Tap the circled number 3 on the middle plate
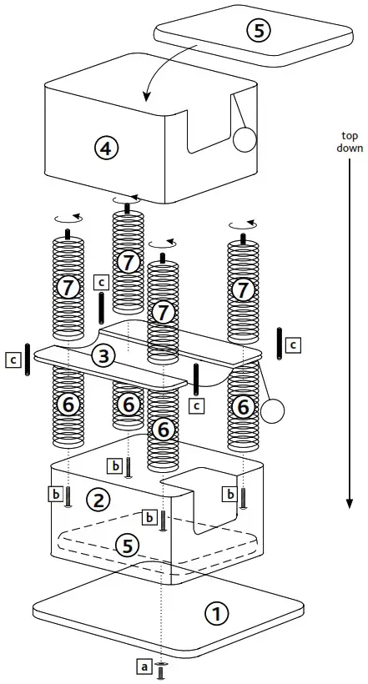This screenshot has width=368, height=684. point(101,357)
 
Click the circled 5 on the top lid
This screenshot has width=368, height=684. point(259,31)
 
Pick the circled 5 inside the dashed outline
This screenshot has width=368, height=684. point(126,547)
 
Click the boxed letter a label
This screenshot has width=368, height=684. point(143,666)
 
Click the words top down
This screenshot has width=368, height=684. point(350,143)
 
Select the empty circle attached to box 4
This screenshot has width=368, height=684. point(244,138)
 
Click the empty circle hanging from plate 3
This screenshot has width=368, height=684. point(272,410)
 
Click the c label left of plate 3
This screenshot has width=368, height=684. point(13,360)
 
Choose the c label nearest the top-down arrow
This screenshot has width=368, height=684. point(294,343)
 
